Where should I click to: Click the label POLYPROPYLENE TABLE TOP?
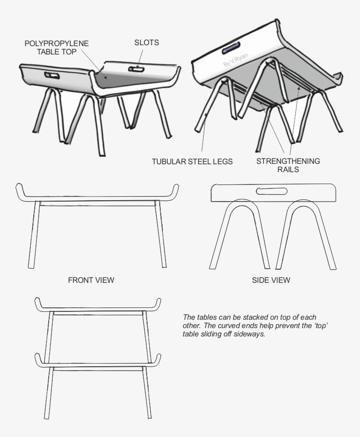click(x=56, y=47)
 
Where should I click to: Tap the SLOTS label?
click(x=146, y=43)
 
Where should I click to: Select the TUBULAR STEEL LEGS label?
click(x=192, y=162)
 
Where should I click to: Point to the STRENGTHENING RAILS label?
click(x=288, y=165)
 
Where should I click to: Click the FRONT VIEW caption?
click(x=91, y=280)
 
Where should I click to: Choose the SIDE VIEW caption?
click(x=271, y=280)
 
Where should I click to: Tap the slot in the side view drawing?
click(x=272, y=191)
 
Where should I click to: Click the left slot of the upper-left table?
click(x=52, y=76)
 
